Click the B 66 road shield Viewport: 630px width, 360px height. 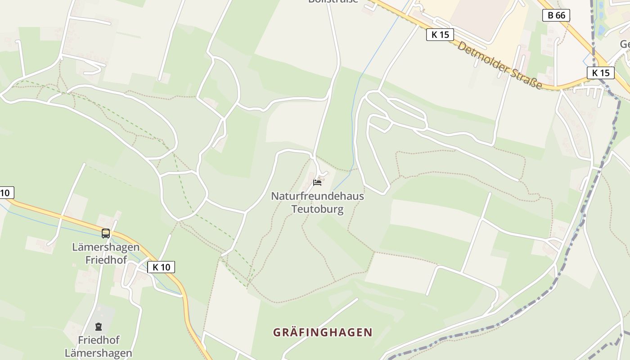(556, 15)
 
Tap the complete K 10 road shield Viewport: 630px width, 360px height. (161, 267)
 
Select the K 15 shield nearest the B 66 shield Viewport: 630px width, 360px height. (600, 72)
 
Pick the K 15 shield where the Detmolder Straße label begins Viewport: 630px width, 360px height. (440, 34)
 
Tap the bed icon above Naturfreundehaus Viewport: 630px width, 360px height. (317, 182)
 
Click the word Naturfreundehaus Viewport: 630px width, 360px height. (317, 196)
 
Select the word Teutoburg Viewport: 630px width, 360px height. (317, 209)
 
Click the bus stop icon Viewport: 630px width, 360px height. (106, 234)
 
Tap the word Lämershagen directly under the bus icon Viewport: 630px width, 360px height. (106, 247)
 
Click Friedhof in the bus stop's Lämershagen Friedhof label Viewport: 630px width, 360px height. (106, 260)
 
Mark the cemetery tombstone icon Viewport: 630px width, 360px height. (98, 326)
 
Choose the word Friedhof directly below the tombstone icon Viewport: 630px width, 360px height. (99, 340)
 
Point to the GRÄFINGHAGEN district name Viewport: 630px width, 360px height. (323, 333)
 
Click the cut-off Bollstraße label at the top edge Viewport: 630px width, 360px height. (333, 1)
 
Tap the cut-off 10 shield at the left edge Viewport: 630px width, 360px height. (5, 193)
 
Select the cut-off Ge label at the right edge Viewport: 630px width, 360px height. (625, 44)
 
